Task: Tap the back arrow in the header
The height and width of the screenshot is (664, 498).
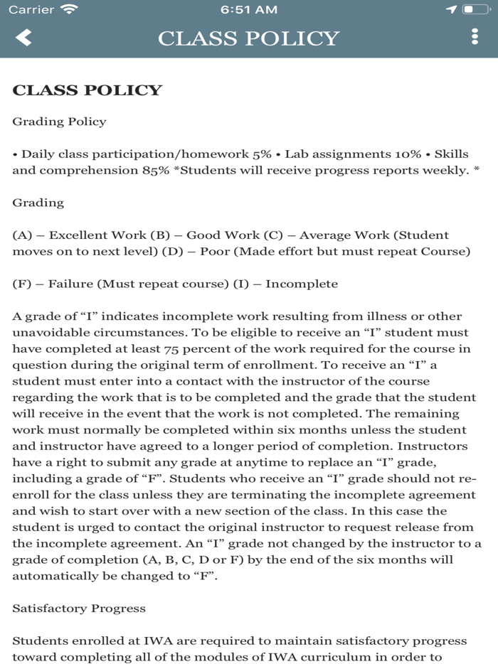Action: coord(23,38)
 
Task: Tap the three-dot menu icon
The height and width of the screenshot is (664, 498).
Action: coord(475,38)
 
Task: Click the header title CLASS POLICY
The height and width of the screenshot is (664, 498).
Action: coord(248,38)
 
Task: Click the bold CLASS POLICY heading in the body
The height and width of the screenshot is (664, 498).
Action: coord(88,90)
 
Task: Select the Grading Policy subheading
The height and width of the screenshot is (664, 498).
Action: coord(59,122)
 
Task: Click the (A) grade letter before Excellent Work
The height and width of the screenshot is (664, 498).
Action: coord(21,235)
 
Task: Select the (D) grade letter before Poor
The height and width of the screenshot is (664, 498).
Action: coord(171,252)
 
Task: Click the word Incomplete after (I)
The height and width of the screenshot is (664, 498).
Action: coord(302,284)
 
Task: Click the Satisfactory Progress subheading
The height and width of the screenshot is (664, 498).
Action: coord(79,609)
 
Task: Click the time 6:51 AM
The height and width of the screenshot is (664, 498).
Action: coord(248,9)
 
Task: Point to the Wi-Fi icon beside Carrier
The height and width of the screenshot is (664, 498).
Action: coord(70,9)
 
